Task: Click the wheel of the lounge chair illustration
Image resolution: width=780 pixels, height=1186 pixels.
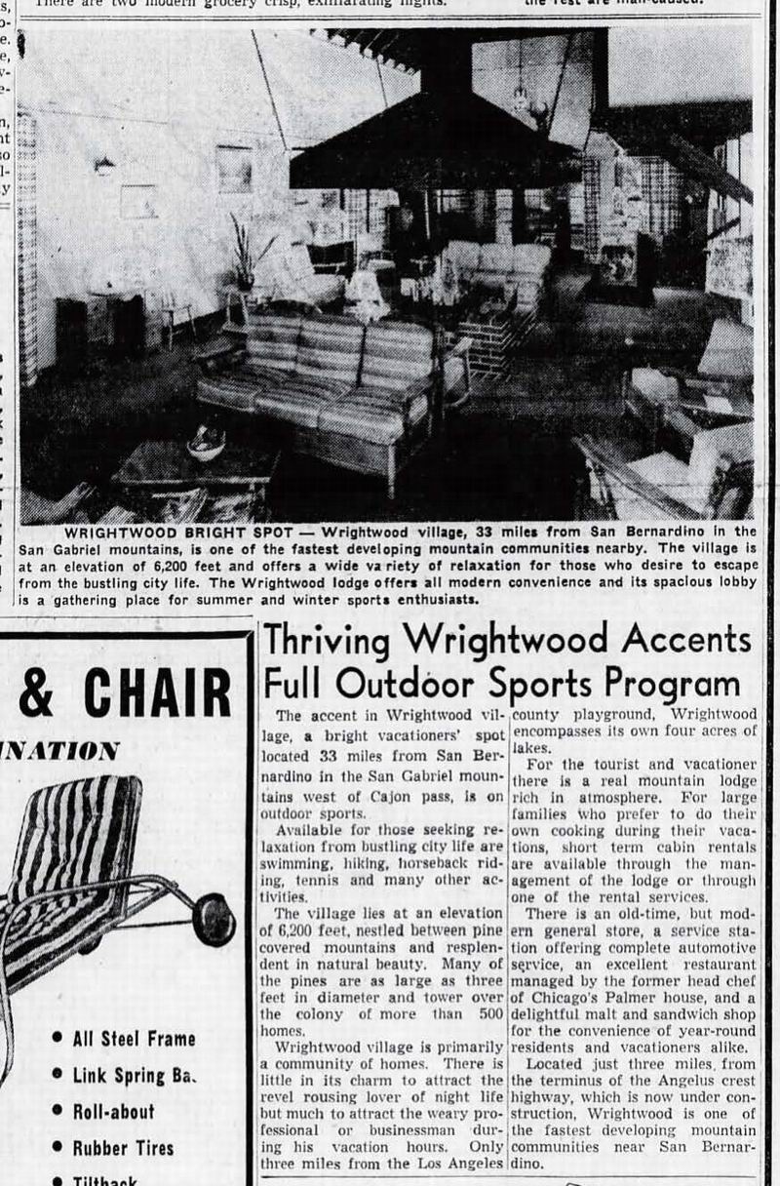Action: pos(214,920)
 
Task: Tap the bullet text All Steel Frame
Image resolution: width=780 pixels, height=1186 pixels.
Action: pos(134,1038)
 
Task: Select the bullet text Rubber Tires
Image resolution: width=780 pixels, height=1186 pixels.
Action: pos(123,1147)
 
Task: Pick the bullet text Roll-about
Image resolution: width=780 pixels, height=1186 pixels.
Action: pos(113,1111)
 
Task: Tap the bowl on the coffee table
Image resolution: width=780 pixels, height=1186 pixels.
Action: pos(206,444)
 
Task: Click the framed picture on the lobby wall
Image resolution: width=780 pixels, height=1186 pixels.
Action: pos(233,168)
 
